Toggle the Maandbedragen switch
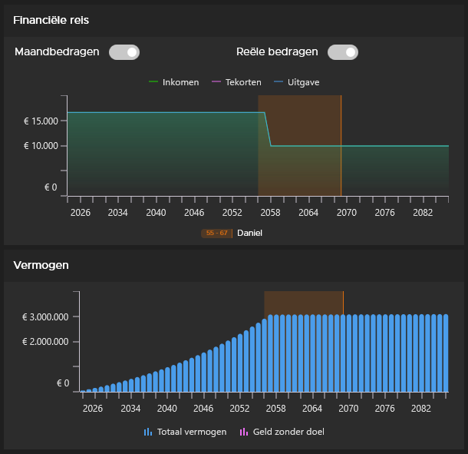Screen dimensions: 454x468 coord(124,52)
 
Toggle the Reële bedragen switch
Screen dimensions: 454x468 coord(342,52)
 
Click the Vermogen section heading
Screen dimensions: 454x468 coord(41,265)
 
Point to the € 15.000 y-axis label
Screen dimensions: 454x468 coord(41,121)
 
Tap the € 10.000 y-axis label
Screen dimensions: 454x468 coord(41,146)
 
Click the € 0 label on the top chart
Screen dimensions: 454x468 coord(51,187)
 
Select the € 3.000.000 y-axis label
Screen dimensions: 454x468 coord(46,316)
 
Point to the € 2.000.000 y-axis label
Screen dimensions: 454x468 coord(46,342)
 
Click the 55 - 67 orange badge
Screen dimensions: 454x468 coord(216,233)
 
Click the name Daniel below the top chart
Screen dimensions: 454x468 coord(249,233)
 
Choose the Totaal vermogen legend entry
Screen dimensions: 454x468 coord(185,432)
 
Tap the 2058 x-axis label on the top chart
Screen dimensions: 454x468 coord(271,212)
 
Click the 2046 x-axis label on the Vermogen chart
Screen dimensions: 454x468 coord(203,409)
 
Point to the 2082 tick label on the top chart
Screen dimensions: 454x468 coord(423,212)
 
